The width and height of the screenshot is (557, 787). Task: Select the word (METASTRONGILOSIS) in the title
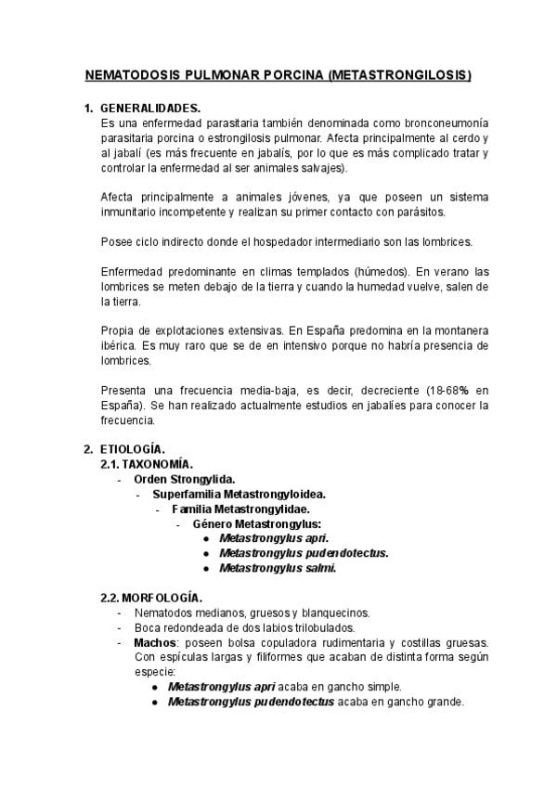point(400,74)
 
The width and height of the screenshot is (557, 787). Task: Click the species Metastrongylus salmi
point(278,568)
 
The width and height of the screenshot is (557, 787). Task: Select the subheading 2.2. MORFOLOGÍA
point(150,598)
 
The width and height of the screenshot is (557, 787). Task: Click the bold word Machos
point(153,642)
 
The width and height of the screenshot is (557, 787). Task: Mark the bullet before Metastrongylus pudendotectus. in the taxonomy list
point(205,553)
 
